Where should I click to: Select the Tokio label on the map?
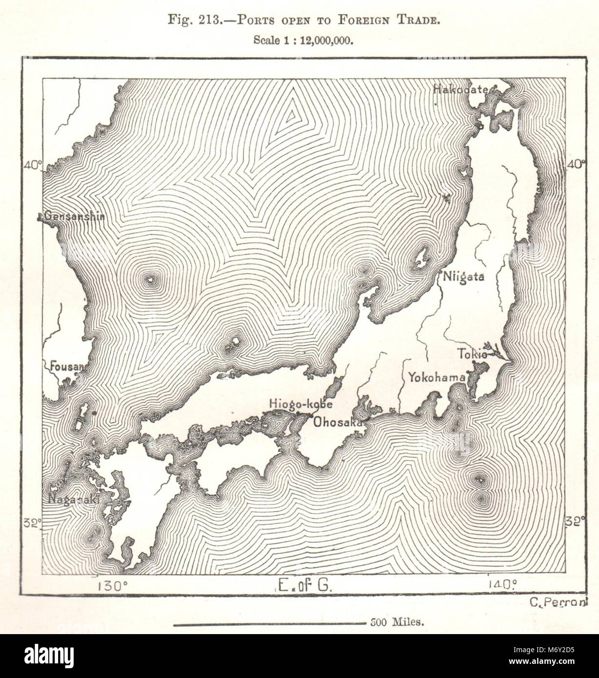tap(472, 355)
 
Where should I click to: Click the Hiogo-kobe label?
tap(300, 404)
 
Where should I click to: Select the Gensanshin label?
tap(74, 216)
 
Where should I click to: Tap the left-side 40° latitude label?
tap(33, 164)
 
